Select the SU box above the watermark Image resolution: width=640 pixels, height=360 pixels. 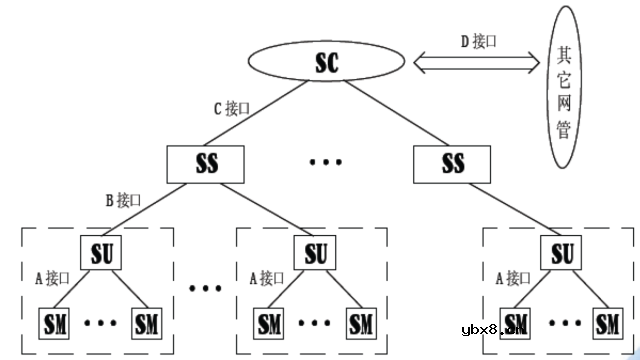click(563, 251)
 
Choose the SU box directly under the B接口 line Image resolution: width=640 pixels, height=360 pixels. click(100, 251)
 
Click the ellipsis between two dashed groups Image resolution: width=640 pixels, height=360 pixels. click(205, 289)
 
